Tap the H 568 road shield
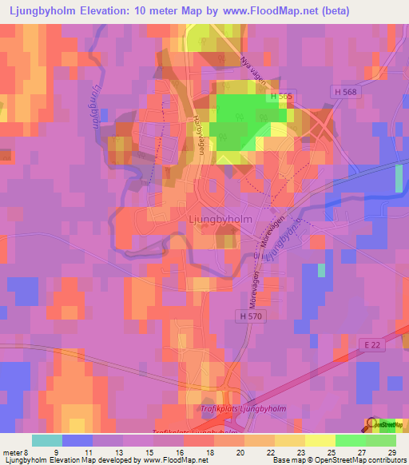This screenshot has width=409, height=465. click(x=343, y=93)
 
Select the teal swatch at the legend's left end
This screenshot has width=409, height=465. click(x=47, y=440)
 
